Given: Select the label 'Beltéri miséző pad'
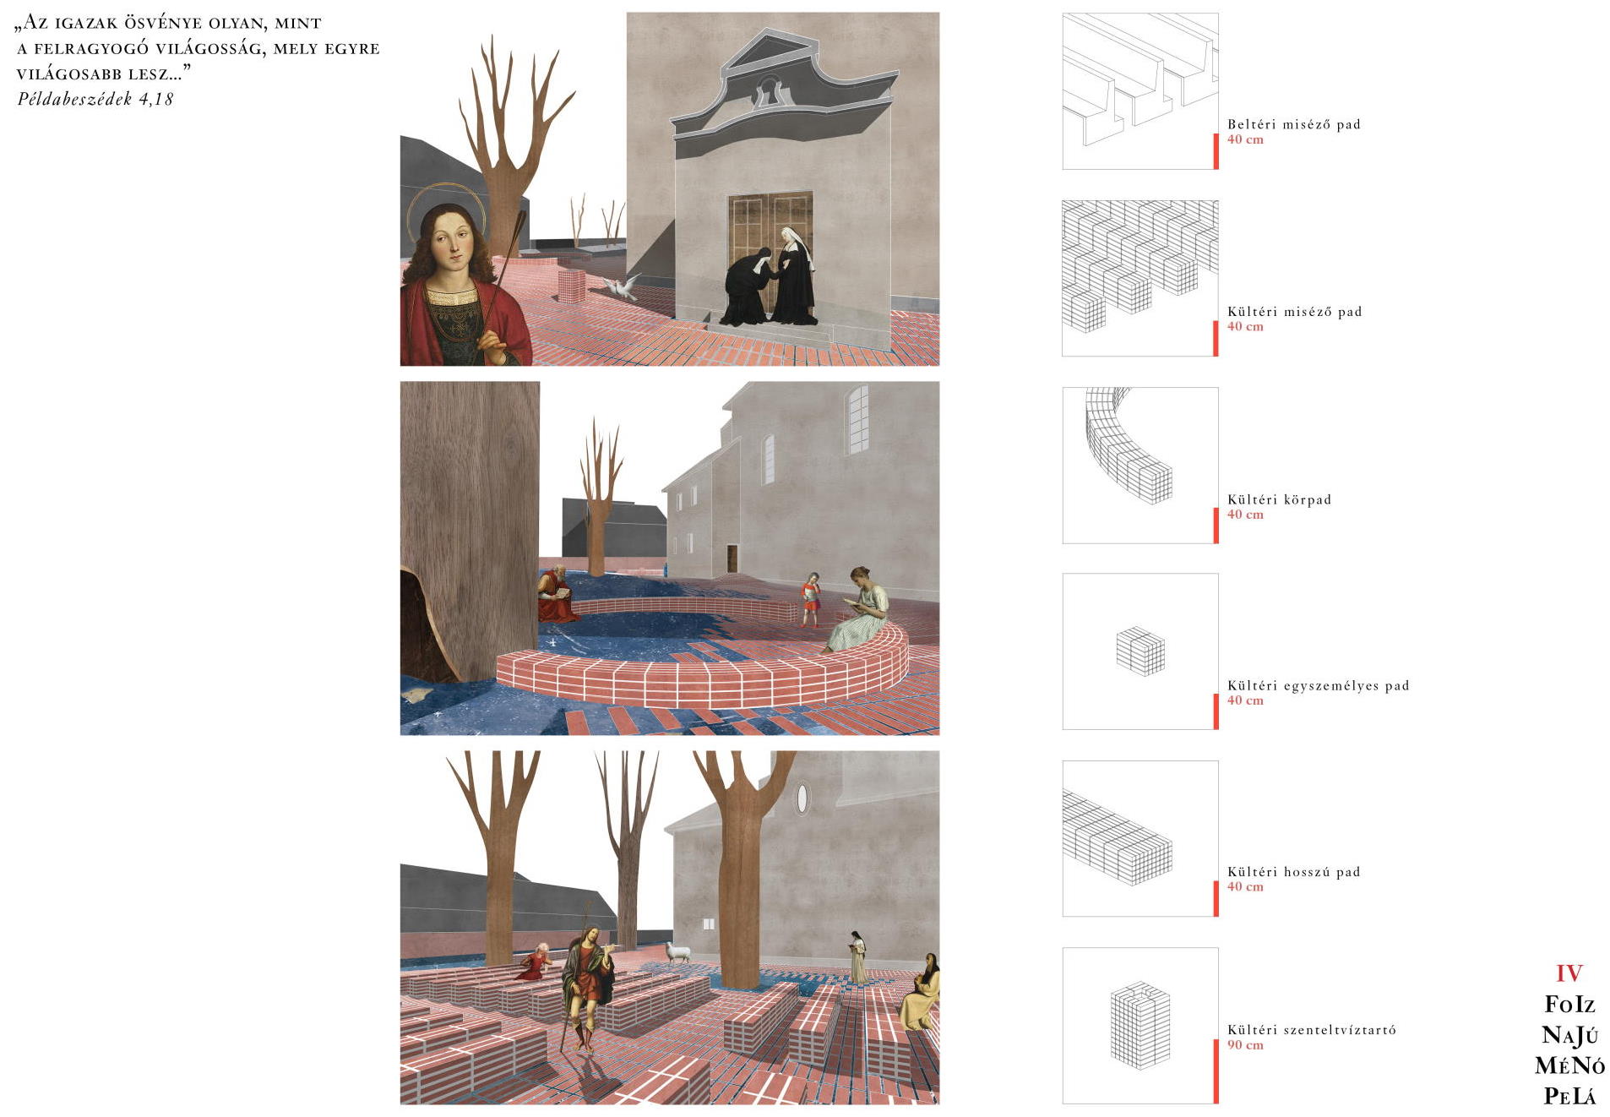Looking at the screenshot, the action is tap(1293, 124).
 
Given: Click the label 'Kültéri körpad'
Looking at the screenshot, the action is tap(1279, 499).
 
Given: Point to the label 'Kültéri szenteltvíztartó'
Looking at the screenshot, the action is tap(1311, 1030).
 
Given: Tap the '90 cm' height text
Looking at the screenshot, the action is tap(1245, 1045).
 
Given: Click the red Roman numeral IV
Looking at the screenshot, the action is tap(1569, 973).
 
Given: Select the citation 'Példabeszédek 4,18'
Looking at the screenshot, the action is tap(95, 99).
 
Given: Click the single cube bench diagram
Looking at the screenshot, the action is tap(1140, 651).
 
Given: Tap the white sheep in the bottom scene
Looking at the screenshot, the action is tap(677, 953).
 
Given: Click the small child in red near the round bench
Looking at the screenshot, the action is tap(810, 598).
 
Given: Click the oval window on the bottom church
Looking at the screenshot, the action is tap(802, 797).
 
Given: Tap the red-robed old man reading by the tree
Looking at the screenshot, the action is tap(556, 595).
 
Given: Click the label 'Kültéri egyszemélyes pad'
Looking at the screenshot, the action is tap(1318, 685).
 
